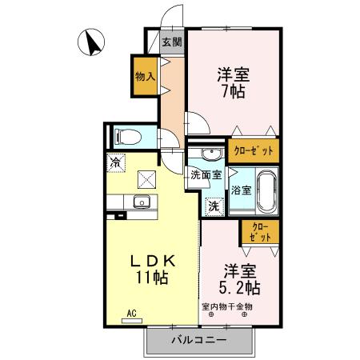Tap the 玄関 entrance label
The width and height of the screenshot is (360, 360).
(x=171, y=42)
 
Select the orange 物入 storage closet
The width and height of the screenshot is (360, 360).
(x=145, y=78)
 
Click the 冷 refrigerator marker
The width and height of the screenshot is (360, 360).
(x=117, y=161)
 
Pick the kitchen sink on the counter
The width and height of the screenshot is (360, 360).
(x=143, y=201)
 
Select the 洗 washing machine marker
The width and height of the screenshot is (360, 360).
(x=214, y=206)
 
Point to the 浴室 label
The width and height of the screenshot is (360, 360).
(x=241, y=190)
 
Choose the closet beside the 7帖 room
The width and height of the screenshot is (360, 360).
(x=254, y=150)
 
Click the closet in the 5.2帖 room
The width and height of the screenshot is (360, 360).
(x=260, y=232)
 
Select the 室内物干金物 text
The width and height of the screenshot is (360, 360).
(x=227, y=306)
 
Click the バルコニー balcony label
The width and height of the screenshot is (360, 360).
(x=199, y=340)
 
